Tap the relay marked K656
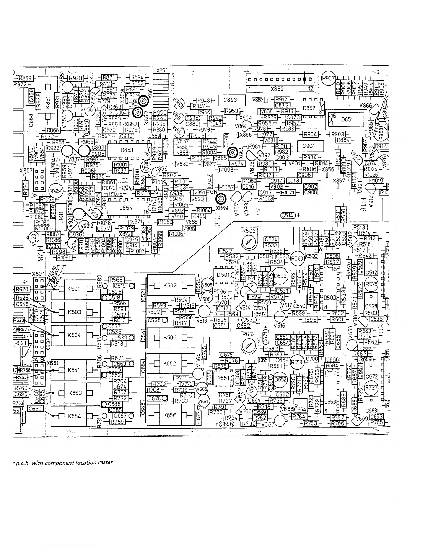pos(170,415)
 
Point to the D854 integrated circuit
pos(124,208)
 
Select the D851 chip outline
pos(347,119)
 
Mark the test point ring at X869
pos(221,199)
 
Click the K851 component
pos(48,104)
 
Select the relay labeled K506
pos(170,337)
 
